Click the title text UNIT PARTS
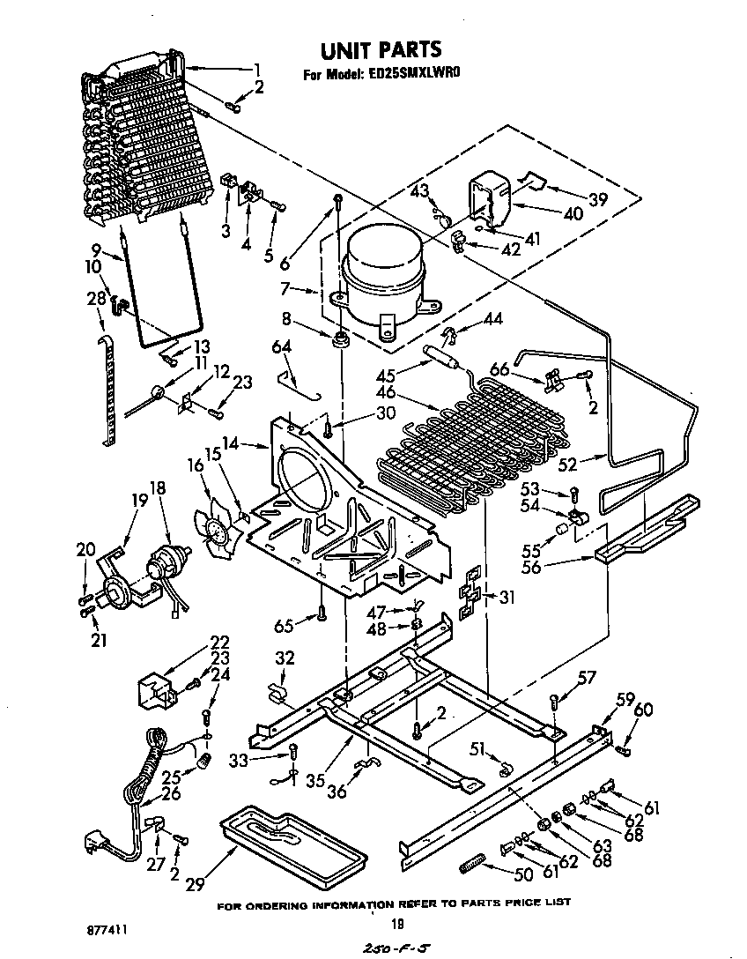click(x=380, y=49)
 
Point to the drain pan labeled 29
click(x=291, y=846)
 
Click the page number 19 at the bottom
click(x=396, y=924)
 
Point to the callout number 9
click(x=96, y=248)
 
